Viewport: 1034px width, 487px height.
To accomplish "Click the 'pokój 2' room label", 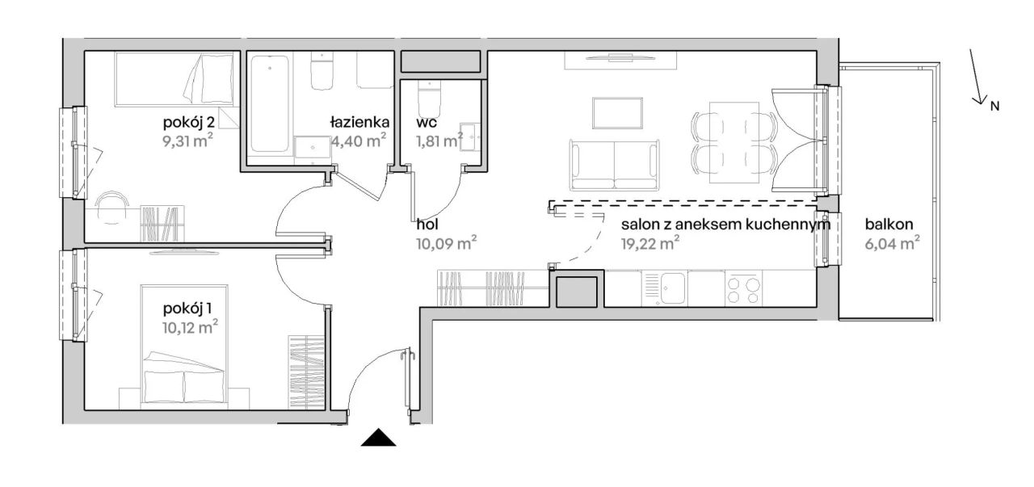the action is [x=188, y=124].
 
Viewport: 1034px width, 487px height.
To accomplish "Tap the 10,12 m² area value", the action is [x=190, y=327].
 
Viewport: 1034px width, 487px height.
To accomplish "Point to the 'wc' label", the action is [x=426, y=123].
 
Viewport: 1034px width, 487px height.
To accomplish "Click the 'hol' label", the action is [x=427, y=225].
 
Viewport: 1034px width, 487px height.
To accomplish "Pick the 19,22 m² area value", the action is [x=650, y=243].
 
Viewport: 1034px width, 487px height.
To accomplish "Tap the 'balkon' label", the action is [x=889, y=225].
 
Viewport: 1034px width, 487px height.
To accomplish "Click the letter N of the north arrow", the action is [x=994, y=106].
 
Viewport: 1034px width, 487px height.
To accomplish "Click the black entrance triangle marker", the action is [x=379, y=437].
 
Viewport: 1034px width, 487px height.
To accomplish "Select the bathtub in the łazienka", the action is [x=270, y=104].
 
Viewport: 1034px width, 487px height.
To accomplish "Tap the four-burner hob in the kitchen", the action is [x=743, y=288].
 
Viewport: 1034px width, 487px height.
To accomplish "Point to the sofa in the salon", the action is [x=615, y=165].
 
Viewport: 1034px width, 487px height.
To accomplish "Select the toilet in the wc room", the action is [x=429, y=99].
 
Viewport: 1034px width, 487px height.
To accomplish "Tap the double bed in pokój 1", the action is [x=185, y=347].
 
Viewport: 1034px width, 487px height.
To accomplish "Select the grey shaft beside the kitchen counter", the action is [x=576, y=292].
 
